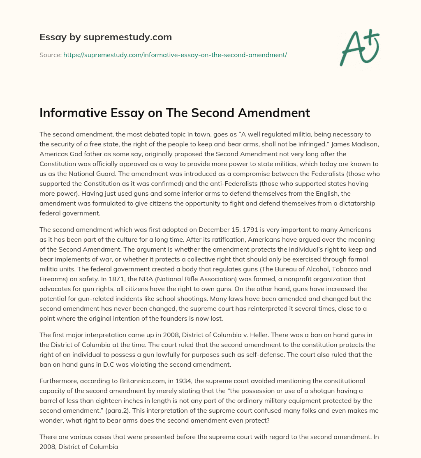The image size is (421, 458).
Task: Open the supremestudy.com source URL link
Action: (175, 55)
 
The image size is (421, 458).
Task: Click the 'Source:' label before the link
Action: (50, 55)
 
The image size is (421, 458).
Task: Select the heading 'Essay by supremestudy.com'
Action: (106, 37)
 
